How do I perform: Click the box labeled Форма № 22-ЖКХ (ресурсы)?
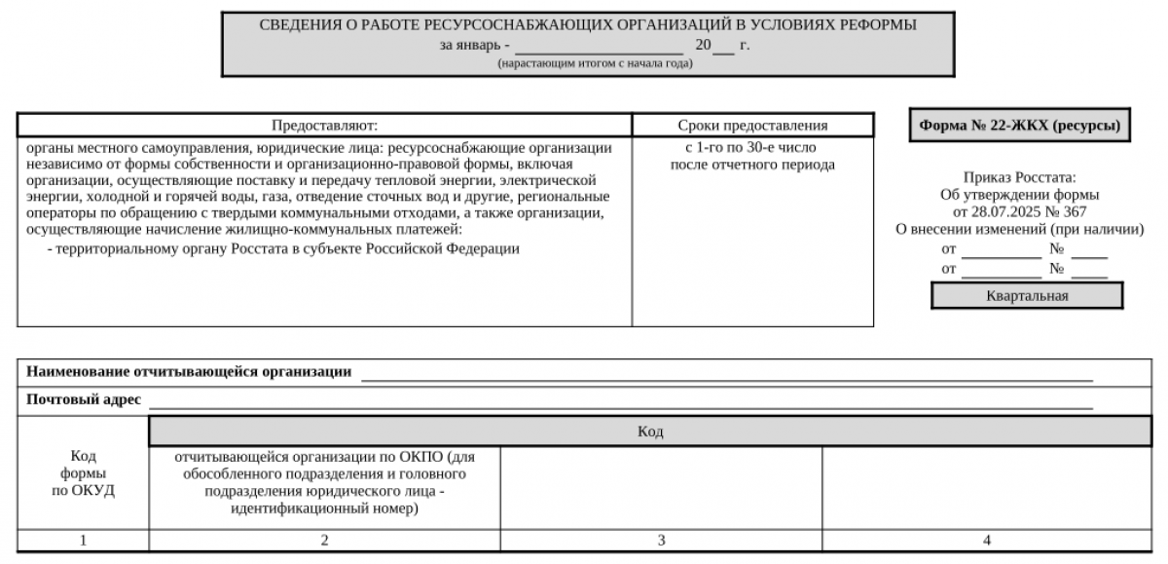1019,126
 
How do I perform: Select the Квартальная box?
1027,296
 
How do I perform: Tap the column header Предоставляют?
324,126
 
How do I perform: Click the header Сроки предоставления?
752,126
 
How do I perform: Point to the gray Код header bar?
650,432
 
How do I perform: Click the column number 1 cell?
83,541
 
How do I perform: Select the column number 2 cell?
324,541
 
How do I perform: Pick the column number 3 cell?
661,541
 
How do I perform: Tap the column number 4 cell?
987,541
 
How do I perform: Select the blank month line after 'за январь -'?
599,46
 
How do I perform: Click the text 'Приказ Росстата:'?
1019,177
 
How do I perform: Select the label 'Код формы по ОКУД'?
83,473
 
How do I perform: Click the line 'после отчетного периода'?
752,165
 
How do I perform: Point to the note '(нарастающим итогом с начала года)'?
595,63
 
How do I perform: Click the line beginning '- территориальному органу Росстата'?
283,248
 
